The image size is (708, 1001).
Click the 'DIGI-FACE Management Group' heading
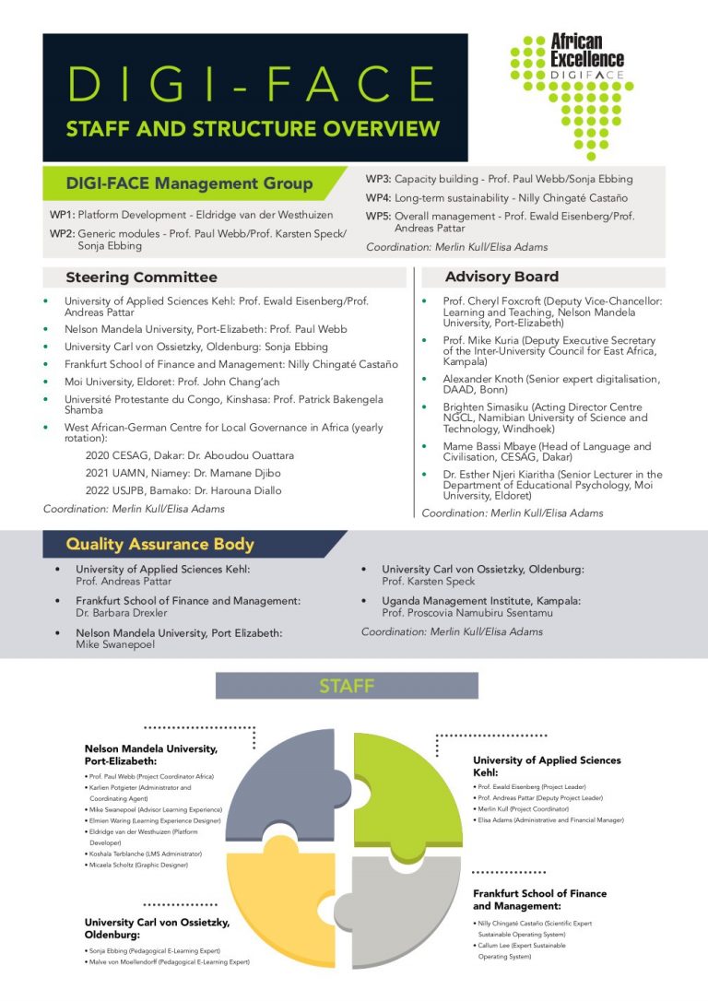(189, 183)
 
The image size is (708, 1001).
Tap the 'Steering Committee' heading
(141, 277)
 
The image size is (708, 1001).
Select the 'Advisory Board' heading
(501, 277)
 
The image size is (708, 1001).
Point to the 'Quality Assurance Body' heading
(159, 544)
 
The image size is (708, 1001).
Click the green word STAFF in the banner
(347, 686)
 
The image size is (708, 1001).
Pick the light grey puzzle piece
(406, 899)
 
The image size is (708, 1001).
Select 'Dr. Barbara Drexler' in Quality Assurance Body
(121, 612)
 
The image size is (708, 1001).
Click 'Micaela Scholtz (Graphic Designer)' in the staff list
(138, 866)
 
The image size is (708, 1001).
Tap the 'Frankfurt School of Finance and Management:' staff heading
(539, 900)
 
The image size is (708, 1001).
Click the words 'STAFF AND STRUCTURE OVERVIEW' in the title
(253, 129)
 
